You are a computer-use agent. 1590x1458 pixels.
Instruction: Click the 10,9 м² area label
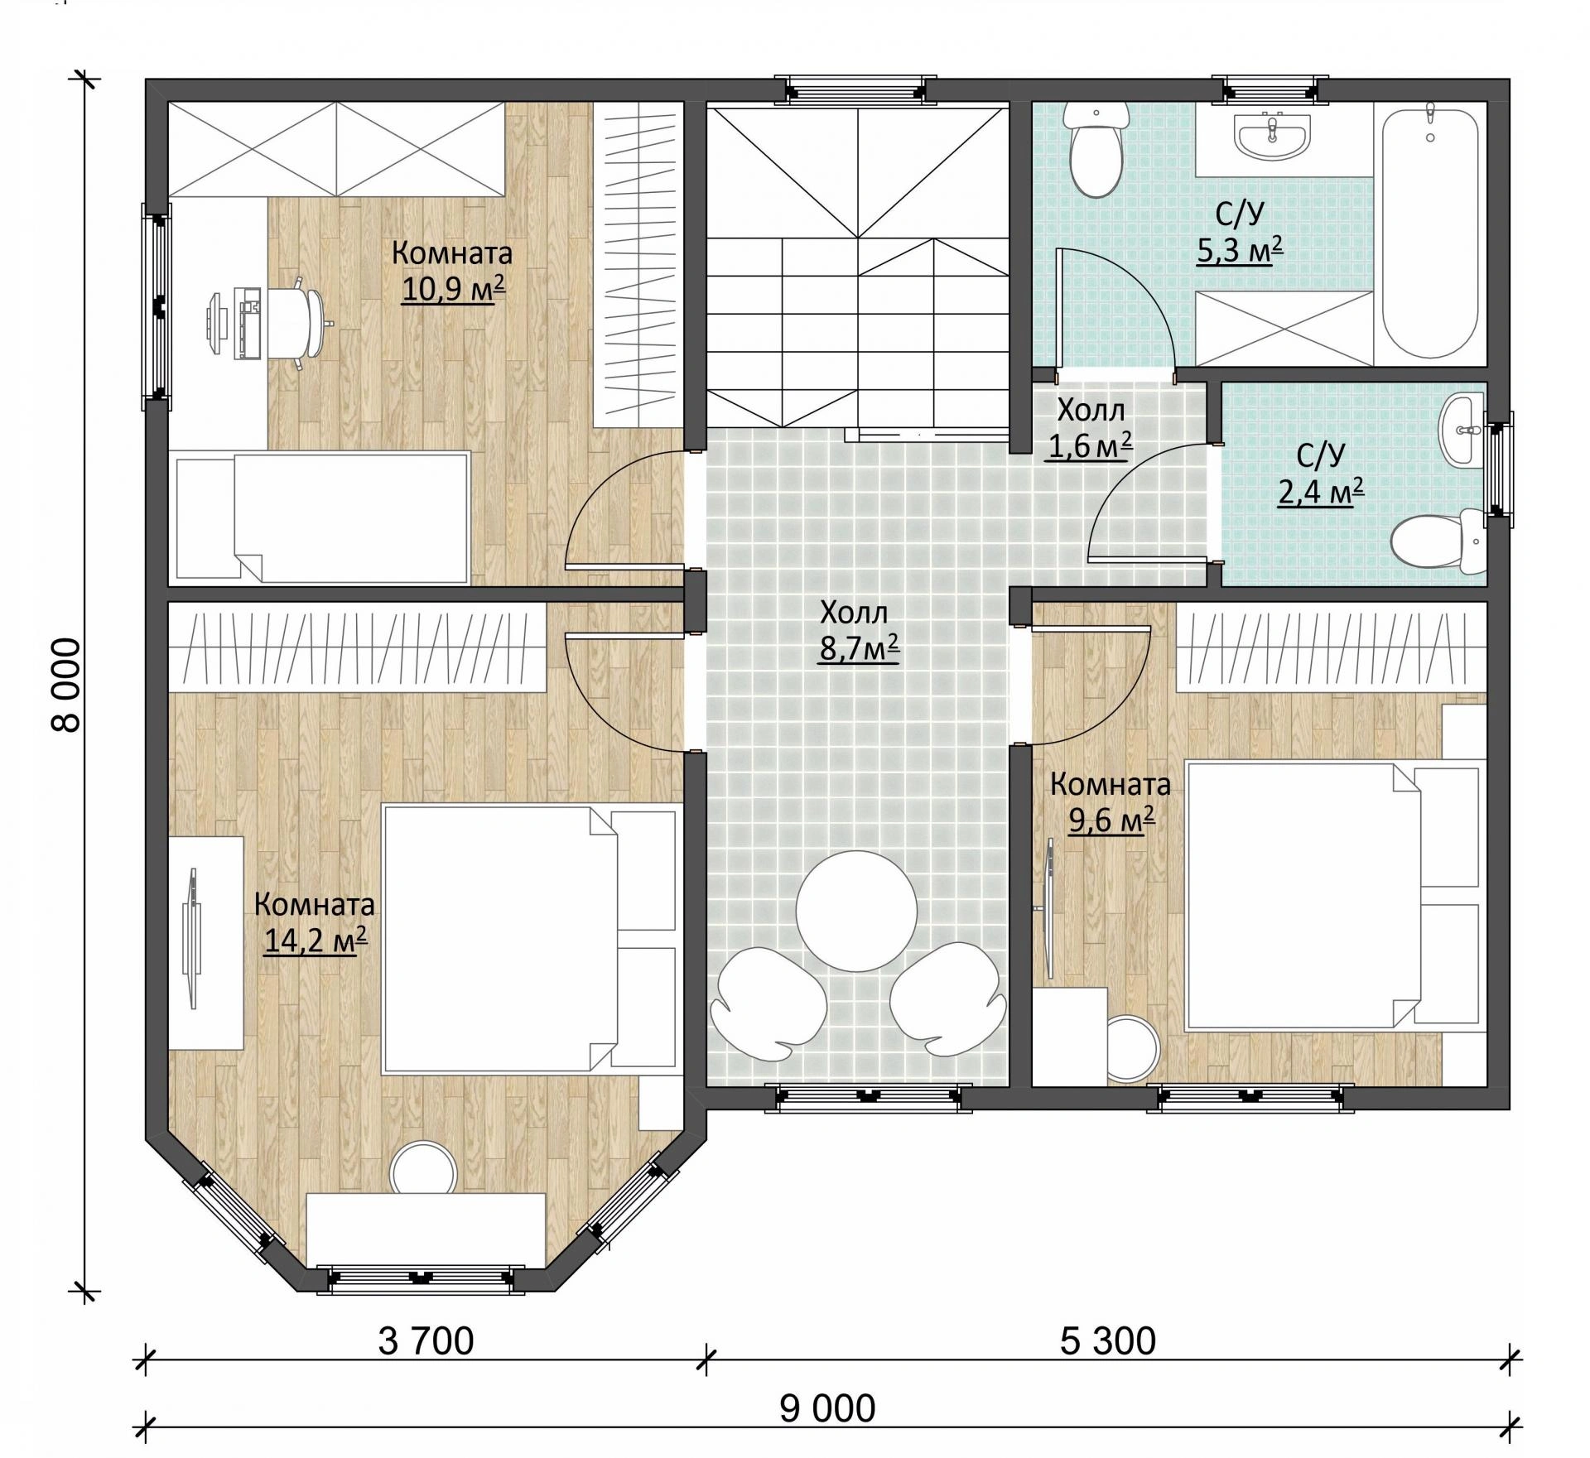click(453, 290)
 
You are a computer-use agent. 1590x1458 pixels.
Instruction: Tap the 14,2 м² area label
click(316, 941)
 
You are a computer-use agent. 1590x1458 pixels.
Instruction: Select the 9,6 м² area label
click(1111, 820)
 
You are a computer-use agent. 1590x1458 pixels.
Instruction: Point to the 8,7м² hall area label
click(860, 649)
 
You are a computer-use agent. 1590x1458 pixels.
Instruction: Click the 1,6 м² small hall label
click(1090, 446)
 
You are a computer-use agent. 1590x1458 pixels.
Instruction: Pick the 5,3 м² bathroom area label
click(1240, 248)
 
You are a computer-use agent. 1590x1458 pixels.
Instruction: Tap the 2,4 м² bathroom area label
click(1320, 493)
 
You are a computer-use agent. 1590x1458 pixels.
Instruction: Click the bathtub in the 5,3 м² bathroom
click(1430, 231)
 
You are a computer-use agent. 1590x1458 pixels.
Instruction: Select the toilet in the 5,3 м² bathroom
click(1096, 149)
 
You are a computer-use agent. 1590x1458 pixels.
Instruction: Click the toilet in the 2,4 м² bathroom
click(1439, 542)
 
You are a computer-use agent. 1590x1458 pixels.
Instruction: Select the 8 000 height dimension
click(66, 685)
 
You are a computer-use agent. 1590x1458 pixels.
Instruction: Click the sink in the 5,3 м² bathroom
click(1273, 135)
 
